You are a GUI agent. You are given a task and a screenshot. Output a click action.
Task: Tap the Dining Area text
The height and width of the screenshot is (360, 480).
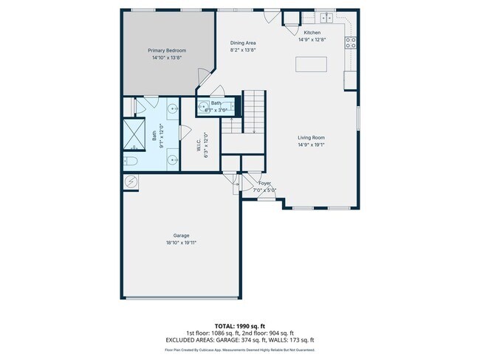tap(243, 43)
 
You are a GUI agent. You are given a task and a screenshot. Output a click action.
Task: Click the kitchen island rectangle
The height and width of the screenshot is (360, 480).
tap(314, 64)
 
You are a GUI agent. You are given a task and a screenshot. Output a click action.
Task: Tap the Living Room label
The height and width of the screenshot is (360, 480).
tap(311, 137)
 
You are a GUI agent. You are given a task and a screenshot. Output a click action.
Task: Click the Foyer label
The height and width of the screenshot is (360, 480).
tap(264, 184)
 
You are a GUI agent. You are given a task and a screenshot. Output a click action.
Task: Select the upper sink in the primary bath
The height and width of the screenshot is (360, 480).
tap(173, 109)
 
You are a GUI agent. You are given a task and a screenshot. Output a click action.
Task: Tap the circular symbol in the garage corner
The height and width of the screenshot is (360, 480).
tap(131, 181)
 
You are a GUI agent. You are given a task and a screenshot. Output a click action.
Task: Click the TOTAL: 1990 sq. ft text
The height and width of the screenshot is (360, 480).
tap(239, 326)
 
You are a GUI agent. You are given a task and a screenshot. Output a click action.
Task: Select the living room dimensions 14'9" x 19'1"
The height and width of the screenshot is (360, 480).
tap(311, 144)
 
